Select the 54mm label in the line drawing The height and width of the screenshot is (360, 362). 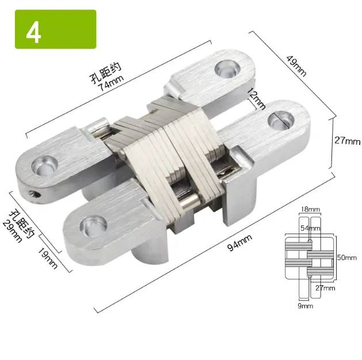point(311,228)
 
